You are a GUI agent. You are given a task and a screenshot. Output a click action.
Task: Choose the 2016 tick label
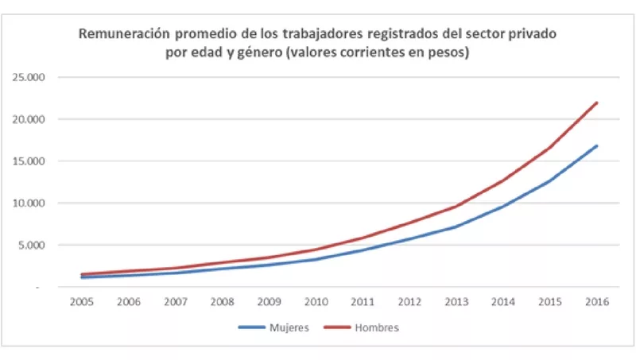[596, 301]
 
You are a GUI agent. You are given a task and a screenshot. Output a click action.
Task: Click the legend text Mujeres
[285, 327]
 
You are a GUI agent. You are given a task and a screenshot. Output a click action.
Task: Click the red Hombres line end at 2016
[596, 103]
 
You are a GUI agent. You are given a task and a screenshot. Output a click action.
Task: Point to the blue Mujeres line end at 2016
[596, 146]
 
